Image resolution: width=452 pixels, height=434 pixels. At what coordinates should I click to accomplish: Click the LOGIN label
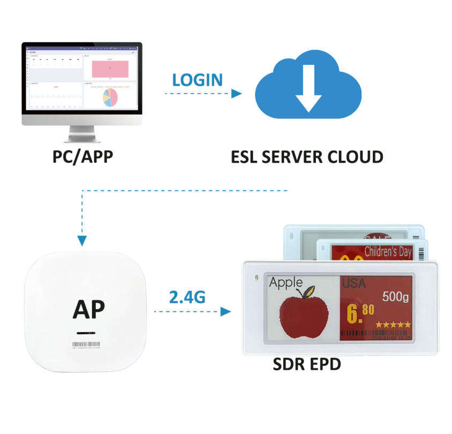pos(197,80)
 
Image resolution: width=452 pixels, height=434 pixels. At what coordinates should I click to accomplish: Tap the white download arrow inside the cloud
pos(308,87)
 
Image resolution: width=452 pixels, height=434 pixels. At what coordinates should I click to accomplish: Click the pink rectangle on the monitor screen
pos(110,69)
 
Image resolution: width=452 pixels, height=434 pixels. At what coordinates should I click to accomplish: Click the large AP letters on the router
pos(89,308)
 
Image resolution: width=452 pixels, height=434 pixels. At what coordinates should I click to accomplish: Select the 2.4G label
pos(187,297)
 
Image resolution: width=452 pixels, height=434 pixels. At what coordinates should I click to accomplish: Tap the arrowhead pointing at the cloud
pos(236,94)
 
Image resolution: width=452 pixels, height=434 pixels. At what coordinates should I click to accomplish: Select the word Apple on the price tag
pos(285,282)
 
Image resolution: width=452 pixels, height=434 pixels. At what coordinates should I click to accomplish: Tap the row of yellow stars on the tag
pos(393,324)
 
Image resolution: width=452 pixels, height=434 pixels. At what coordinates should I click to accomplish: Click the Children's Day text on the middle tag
pos(388,251)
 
